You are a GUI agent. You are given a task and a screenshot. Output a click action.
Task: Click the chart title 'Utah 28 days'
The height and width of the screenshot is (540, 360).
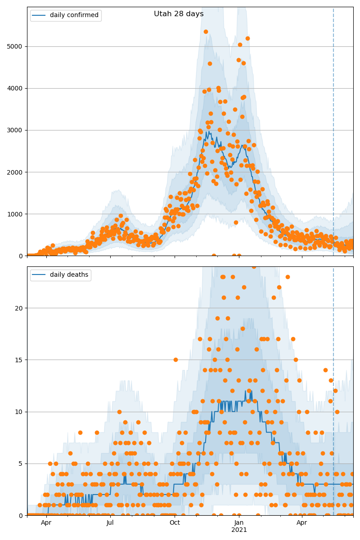(x=179, y=14)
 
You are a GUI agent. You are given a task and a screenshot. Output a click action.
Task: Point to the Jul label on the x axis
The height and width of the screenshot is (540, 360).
(x=110, y=522)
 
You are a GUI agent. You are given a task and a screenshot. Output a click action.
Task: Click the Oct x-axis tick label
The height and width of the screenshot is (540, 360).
(x=175, y=522)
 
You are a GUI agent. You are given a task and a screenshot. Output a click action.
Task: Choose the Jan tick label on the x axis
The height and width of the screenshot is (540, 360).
(x=239, y=522)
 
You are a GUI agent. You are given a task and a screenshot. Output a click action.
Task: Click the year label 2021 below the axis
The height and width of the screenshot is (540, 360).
(x=239, y=530)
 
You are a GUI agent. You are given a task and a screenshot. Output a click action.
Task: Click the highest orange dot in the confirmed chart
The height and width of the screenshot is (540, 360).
(x=206, y=31)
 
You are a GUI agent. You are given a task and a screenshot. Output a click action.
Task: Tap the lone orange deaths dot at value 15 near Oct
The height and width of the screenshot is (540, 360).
(x=175, y=360)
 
